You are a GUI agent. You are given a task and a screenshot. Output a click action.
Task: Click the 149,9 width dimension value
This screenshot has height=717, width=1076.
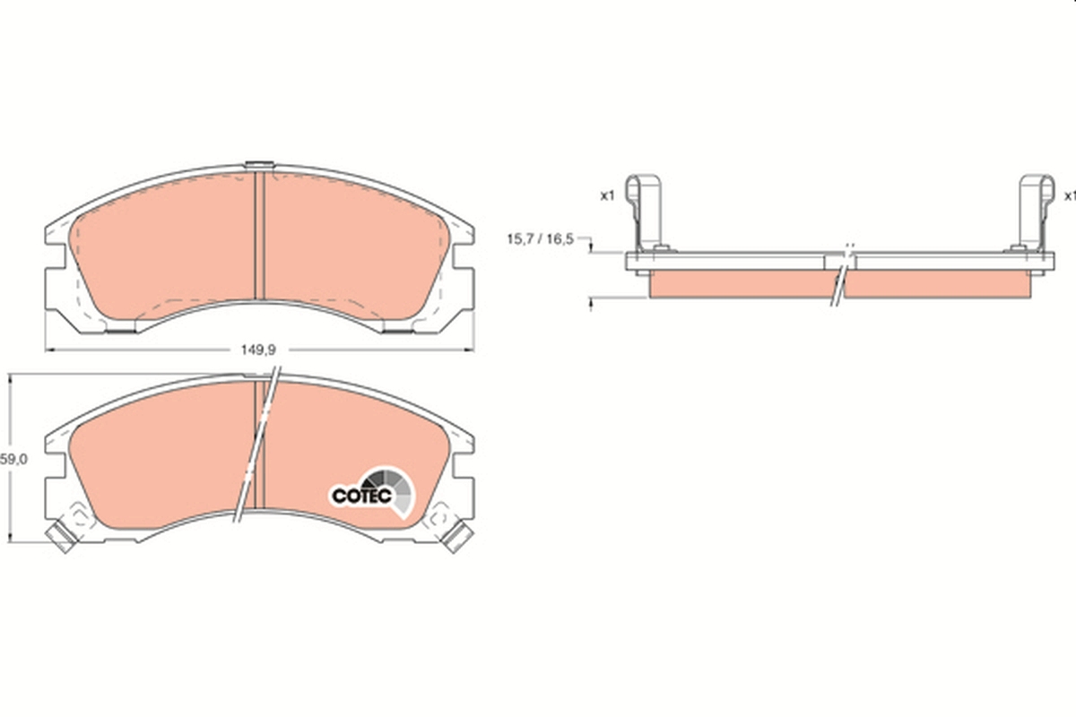260,350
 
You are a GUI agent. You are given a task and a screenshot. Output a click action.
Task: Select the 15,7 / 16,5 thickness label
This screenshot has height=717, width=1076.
540,239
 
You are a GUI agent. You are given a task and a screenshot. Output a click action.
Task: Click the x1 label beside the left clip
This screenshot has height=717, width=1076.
606,194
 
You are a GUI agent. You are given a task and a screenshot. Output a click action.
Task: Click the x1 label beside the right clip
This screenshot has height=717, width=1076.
1069,194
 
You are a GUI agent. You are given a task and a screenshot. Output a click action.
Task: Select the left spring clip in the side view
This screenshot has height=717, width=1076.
646,211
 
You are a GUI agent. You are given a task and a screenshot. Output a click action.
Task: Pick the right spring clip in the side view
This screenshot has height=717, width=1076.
1035,211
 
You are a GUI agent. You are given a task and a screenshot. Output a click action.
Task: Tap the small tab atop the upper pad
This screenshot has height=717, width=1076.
258,165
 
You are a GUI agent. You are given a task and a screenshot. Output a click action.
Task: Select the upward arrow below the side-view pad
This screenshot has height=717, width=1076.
592,305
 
